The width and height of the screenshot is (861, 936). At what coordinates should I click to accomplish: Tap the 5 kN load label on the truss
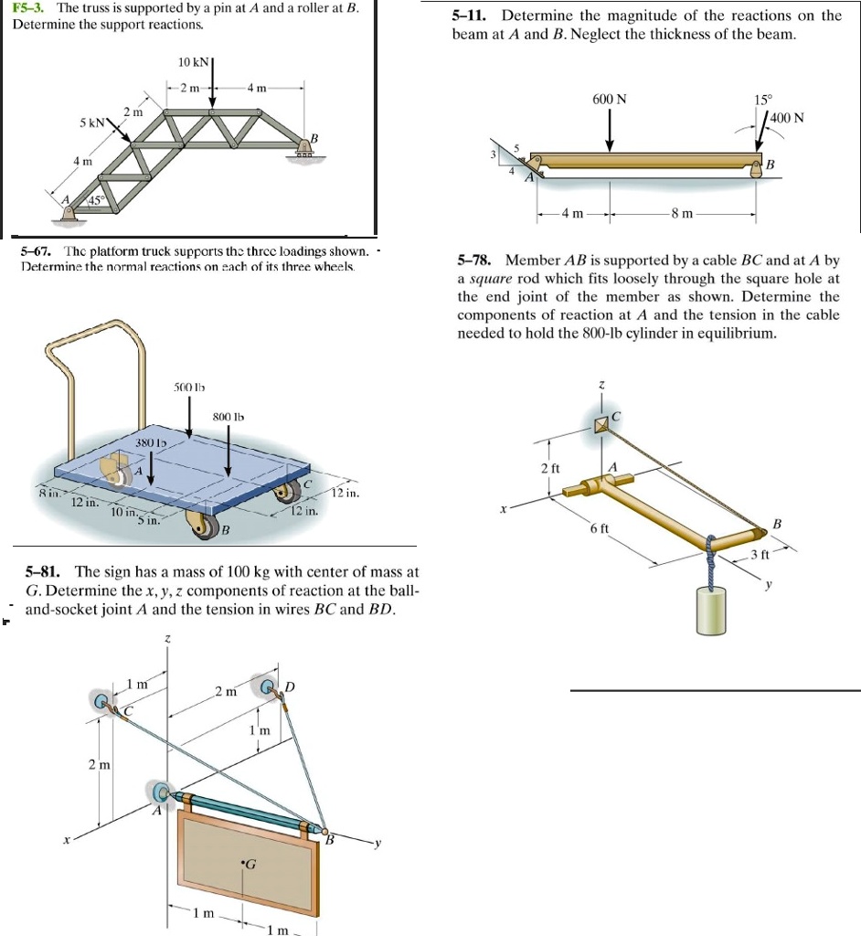point(95,122)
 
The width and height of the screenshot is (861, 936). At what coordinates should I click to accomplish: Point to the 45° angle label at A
point(96,200)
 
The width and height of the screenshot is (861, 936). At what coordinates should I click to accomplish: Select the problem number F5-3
point(31,7)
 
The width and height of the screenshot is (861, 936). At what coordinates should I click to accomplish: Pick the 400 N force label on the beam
point(787,118)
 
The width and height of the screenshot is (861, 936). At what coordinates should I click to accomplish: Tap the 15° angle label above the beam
point(762,99)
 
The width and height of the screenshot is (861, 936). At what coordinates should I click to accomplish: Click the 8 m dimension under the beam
point(682,214)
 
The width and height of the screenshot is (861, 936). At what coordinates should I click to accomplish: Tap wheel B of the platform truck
point(198,524)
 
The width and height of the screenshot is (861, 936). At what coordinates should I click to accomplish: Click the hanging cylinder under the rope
point(714,610)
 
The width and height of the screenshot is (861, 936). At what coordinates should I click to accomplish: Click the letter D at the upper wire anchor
point(290,686)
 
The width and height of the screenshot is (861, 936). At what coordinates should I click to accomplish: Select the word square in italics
point(487,281)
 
